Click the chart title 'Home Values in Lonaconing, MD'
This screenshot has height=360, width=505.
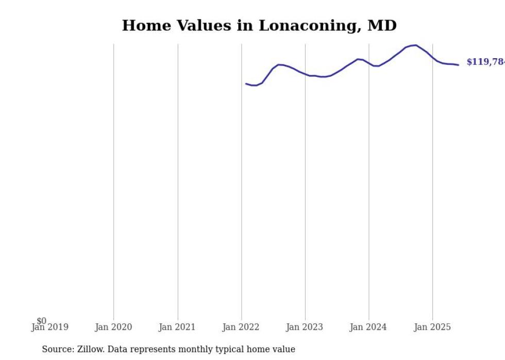pos(259,26)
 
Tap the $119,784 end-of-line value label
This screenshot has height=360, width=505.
pos(484,62)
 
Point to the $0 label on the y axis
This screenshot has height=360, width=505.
pos(41,321)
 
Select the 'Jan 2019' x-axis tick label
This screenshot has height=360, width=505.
pos(49,327)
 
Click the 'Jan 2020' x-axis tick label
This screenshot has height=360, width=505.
pos(113,327)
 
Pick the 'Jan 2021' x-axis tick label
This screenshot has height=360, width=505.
pos(177,327)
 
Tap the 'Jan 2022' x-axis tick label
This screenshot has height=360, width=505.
pos(241,327)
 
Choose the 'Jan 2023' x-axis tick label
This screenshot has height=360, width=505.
pos(305,327)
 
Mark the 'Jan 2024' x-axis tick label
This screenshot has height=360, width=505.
pos(368,327)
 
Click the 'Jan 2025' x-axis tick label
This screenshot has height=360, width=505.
pos(432,327)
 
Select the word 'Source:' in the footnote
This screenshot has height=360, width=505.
pos(58,349)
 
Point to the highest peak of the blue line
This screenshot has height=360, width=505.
pos(415,45)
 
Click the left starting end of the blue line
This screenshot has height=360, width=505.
pos(246,83)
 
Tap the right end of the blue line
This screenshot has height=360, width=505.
pos(458,65)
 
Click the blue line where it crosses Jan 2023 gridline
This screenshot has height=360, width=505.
pos(305,75)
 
